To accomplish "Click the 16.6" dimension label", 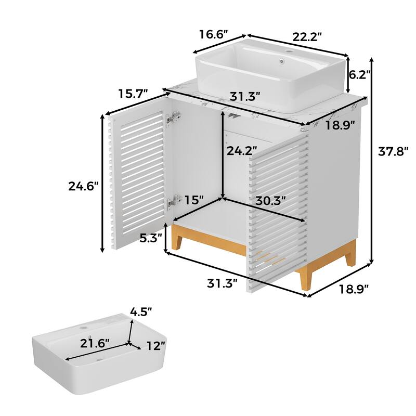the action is pyautogui.click(x=214, y=34).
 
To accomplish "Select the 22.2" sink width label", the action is pyautogui.click(x=307, y=36).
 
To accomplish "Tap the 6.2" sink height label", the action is pyautogui.click(x=359, y=75).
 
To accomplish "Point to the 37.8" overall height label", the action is pyautogui.click(x=393, y=151).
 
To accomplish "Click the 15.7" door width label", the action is pyautogui.click(x=133, y=94).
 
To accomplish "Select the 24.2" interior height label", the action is pyautogui.click(x=242, y=151).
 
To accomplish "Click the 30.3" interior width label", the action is pyautogui.click(x=270, y=200).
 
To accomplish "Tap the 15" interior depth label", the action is pyautogui.click(x=194, y=200).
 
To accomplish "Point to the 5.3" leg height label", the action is pyautogui.click(x=151, y=238).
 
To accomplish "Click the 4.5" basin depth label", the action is pyautogui.click(x=141, y=311).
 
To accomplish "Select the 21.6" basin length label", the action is pyautogui.click(x=95, y=343).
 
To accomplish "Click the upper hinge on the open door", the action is pyautogui.click(x=174, y=118).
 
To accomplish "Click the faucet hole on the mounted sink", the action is pyautogui.click(x=289, y=50).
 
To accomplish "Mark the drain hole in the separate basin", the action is pyautogui.click(x=100, y=360).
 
